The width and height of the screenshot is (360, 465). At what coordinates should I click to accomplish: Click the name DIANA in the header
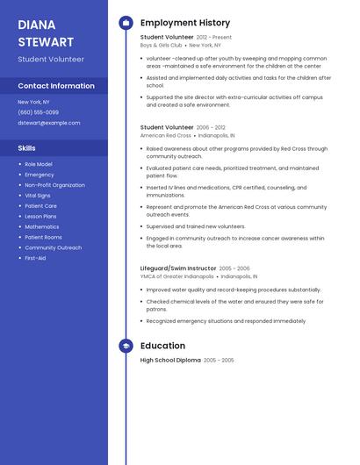coord(37,25)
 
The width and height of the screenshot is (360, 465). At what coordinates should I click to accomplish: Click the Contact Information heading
coord(56,86)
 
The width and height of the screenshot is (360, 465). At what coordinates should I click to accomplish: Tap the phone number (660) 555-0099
coord(39,112)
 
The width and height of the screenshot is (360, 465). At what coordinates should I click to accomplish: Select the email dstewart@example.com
coord(49,123)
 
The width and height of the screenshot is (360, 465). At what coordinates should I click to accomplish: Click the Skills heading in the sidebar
coord(27,148)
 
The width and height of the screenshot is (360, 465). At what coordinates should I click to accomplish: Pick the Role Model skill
coord(39,164)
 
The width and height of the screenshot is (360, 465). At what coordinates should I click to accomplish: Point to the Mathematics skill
coord(42,226)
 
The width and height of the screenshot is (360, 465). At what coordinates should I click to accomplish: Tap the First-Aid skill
coord(35,258)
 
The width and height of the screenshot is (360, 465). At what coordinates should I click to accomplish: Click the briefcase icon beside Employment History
coord(126,23)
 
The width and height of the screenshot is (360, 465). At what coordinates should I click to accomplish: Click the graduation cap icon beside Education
coord(126,346)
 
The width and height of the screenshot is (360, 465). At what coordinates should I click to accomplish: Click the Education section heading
coord(162,346)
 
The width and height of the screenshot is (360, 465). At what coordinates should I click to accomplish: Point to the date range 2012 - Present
coord(214,38)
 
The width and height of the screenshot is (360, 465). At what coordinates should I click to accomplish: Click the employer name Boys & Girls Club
coord(162,45)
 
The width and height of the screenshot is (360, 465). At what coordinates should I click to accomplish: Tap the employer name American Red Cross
coord(166,136)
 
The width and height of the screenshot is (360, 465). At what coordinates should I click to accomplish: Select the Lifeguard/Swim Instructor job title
coord(177,268)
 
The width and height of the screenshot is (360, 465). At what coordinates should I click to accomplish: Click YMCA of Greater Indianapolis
coord(177,276)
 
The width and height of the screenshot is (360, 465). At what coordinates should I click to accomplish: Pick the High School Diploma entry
coord(170,361)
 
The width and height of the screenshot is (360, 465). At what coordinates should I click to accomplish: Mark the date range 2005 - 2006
coord(234,268)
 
